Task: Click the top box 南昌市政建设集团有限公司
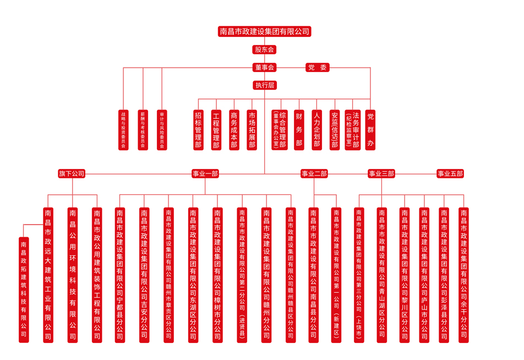pyautogui.click(x=264, y=31)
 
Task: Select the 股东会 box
pyautogui.click(x=264, y=50)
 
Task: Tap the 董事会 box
pyautogui.click(x=264, y=68)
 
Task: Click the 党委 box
pyautogui.click(x=318, y=68)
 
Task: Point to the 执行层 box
pyautogui.click(x=264, y=85)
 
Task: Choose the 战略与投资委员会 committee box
pyautogui.click(x=123, y=130)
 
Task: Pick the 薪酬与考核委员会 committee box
pyautogui.click(x=143, y=130)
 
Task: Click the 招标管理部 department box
pyautogui.click(x=198, y=130)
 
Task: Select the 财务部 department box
pyautogui.click(x=299, y=130)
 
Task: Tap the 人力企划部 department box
pyautogui.click(x=316, y=130)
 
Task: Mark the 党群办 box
pyautogui.click(x=370, y=130)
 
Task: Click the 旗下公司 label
pyautogui.click(x=72, y=174)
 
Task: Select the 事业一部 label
pyautogui.click(x=205, y=174)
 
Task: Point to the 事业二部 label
pyautogui.click(x=314, y=174)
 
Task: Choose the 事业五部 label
pyautogui.click(x=450, y=174)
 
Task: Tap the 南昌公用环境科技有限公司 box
pyautogui.click(x=73, y=275)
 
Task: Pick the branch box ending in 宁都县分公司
pyautogui.click(x=120, y=275)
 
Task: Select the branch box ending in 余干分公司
pyautogui.click(x=463, y=275)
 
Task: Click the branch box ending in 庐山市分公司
pyautogui.click(x=424, y=275)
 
